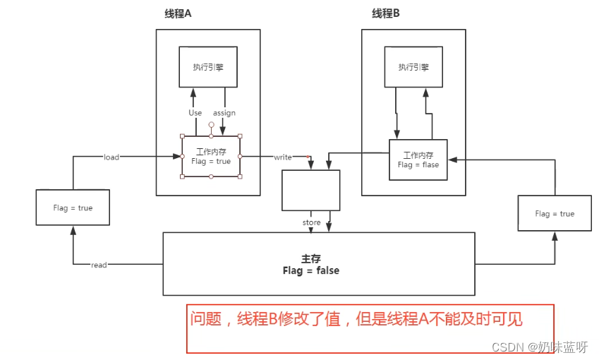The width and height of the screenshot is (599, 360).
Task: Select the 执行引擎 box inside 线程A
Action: pyautogui.click(x=207, y=67)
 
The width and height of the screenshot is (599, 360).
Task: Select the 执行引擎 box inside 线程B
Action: pyautogui.click(x=413, y=67)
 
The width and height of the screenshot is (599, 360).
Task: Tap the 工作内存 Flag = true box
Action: pyautogui.click(x=211, y=156)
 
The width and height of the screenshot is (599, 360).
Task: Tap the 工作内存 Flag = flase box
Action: pyautogui.click(x=418, y=160)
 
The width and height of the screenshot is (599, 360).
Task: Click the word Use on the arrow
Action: pyautogui.click(x=195, y=113)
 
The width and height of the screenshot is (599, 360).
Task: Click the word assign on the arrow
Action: pyautogui.click(x=224, y=113)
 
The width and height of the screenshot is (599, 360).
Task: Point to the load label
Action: pyautogui.click(x=111, y=157)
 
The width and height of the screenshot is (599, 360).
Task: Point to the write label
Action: pyautogui.click(x=282, y=157)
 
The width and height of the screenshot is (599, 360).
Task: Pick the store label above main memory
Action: pyautogui.click(x=311, y=223)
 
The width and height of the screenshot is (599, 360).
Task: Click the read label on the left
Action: pyautogui.click(x=99, y=265)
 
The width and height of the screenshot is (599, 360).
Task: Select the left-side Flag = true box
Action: pyautogui.click(x=73, y=208)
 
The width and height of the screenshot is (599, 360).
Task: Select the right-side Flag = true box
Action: pyautogui.click(x=555, y=213)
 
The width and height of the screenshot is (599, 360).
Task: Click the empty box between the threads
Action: pyautogui.click(x=310, y=190)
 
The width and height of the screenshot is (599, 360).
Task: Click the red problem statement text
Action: pyautogui.click(x=356, y=319)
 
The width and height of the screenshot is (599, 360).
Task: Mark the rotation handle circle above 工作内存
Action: pyautogui.click(x=211, y=124)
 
